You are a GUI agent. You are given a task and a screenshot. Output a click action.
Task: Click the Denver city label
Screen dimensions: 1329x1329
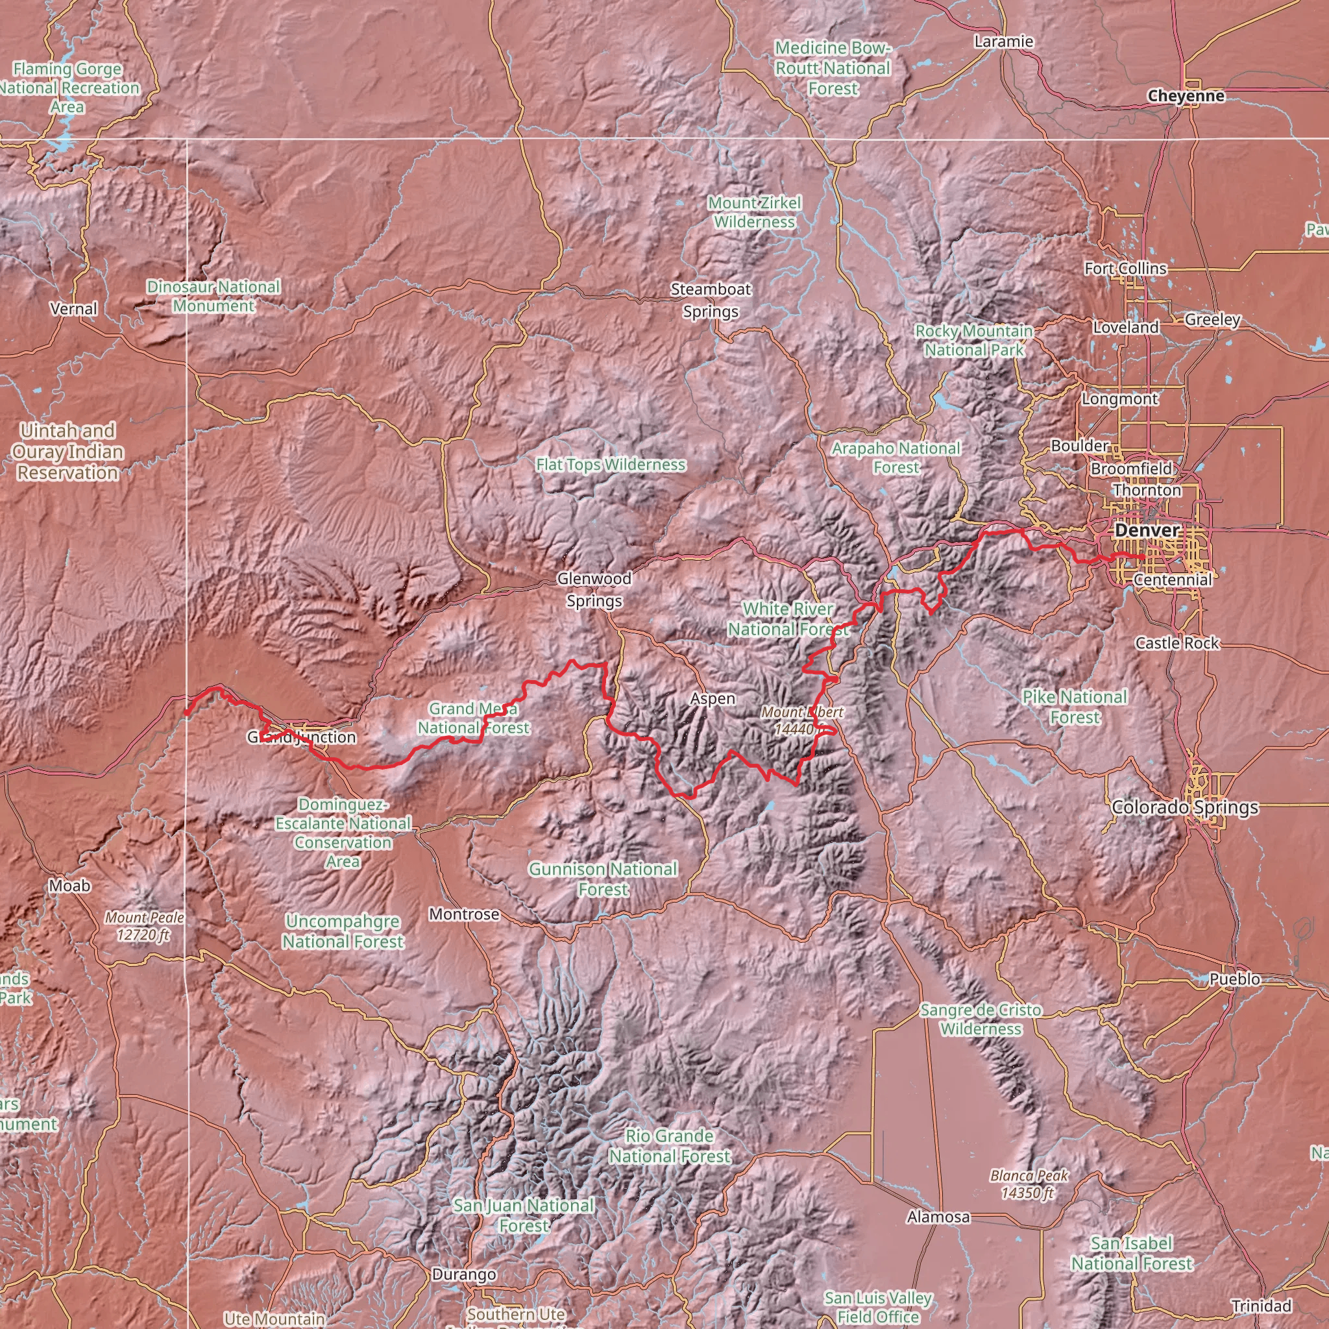1147,530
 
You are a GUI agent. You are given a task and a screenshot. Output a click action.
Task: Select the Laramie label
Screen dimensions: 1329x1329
1004,42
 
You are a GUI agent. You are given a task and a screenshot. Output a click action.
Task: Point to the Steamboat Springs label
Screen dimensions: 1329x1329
711,300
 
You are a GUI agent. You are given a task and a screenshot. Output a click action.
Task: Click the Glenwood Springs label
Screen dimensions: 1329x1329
594,589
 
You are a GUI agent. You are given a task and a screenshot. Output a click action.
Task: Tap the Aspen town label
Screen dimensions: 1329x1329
713,699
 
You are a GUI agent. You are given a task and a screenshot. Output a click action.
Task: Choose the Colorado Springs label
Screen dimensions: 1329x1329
1184,807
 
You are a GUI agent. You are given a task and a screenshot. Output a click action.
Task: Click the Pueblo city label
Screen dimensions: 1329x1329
1235,979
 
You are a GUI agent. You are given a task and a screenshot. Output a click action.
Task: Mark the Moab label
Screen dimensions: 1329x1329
69,885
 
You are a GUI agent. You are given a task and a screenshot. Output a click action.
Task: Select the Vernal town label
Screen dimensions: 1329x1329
73,309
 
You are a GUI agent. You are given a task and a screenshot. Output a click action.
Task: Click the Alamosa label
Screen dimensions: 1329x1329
938,1217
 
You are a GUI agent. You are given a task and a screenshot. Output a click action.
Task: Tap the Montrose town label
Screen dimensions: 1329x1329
463,914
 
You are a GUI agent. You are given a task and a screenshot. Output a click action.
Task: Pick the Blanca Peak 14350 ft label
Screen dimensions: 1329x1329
1029,1184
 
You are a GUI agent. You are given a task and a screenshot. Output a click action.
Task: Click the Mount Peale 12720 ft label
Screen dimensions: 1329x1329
145,926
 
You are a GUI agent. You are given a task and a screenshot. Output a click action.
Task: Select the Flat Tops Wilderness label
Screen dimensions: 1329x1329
610,465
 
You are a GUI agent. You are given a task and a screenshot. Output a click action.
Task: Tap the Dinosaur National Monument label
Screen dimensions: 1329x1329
213,296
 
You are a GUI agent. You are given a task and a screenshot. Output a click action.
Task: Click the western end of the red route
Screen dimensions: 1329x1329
186,713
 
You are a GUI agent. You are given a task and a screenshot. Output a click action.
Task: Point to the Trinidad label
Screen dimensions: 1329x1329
1262,1306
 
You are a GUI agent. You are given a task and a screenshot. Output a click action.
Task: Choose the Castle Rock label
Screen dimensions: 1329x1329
1177,643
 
